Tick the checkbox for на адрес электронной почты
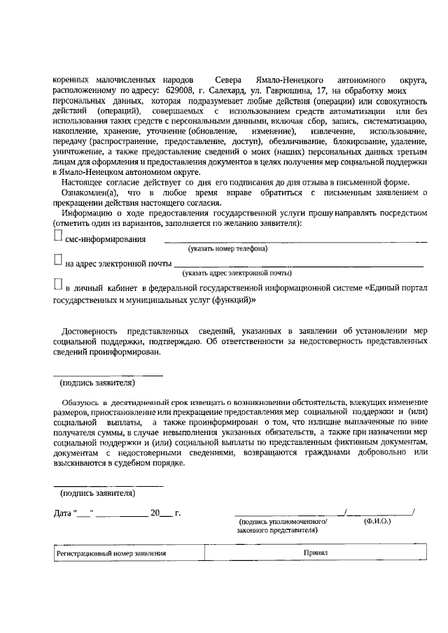[x=58, y=260]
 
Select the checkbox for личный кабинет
[x=58, y=284]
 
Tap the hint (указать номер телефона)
[x=227, y=248]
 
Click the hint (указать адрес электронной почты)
[x=227, y=273]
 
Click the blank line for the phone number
[x=294, y=241]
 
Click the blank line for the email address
[x=297, y=266]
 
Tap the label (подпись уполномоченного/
[x=283, y=522]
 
